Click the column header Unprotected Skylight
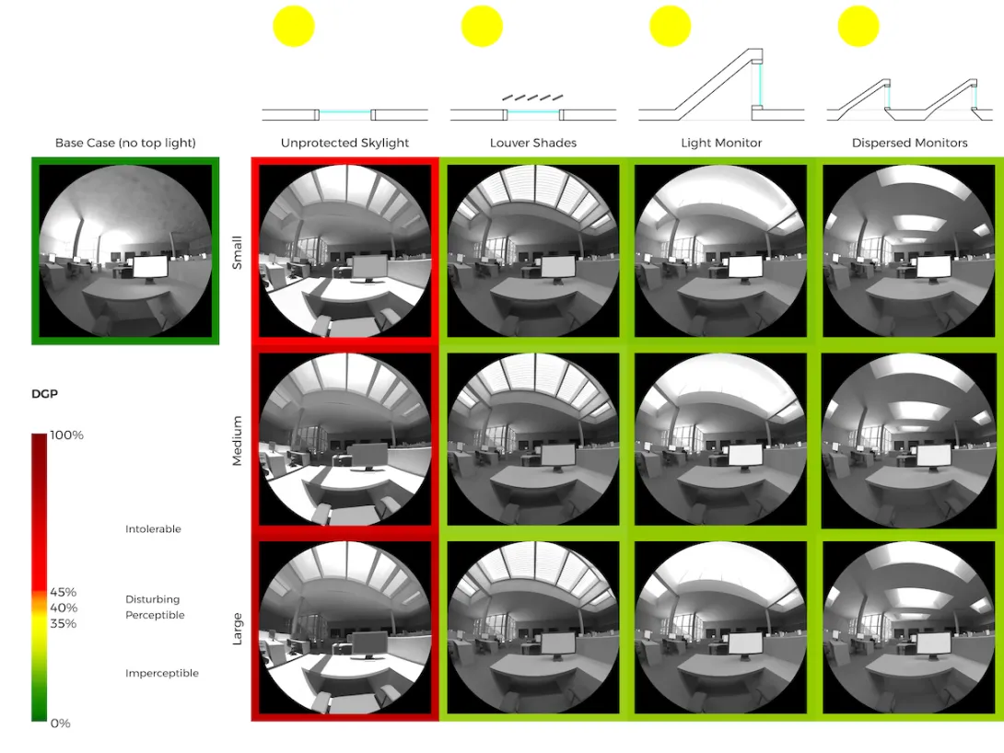(344, 143)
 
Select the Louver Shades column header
(532, 143)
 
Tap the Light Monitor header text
(721, 143)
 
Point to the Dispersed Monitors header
(909, 143)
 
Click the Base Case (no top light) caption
(125, 143)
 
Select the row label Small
(238, 250)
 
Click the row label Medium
(238, 440)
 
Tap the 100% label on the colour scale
(65, 435)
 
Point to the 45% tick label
(64, 592)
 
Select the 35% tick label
(64, 623)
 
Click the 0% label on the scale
(60, 724)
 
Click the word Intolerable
(153, 529)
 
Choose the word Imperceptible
(161, 674)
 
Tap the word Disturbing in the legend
(152, 599)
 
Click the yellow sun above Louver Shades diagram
(482, 26)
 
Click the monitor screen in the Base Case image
(150, 268)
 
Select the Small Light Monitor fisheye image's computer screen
(746, 266)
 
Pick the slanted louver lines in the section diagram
(532, 97)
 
